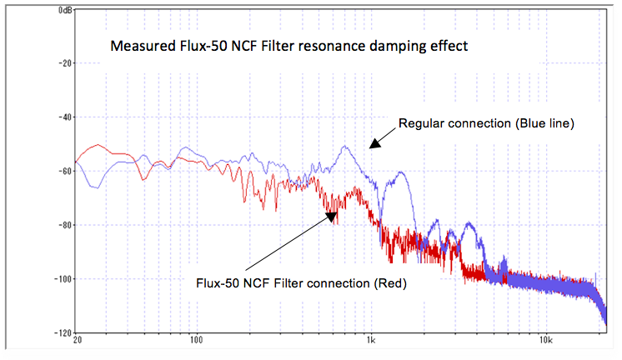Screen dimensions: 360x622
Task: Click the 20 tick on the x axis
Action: [77, 340]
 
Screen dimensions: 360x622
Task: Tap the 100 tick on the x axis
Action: [197, 340]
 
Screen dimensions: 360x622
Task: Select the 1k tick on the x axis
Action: [371, 340]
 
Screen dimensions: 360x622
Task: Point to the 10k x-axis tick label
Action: [545, 340]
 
